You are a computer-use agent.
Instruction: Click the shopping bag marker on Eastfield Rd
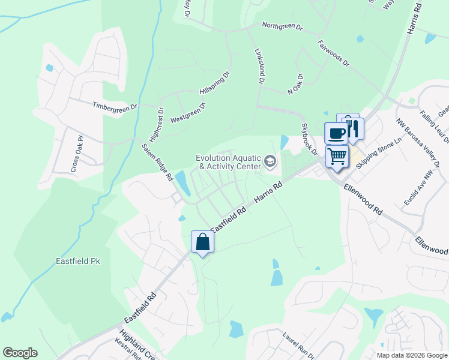[203, 242]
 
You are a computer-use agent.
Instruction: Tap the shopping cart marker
[337, 157]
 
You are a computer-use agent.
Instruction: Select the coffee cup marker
[336, 133]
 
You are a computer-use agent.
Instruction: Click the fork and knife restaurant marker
[353, 128]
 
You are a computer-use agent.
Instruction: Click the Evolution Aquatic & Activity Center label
[229, 162]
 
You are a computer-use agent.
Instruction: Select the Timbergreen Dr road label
[115, 106]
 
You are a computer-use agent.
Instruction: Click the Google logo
[20, 353]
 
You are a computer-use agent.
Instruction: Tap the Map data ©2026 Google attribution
[412, 355]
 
